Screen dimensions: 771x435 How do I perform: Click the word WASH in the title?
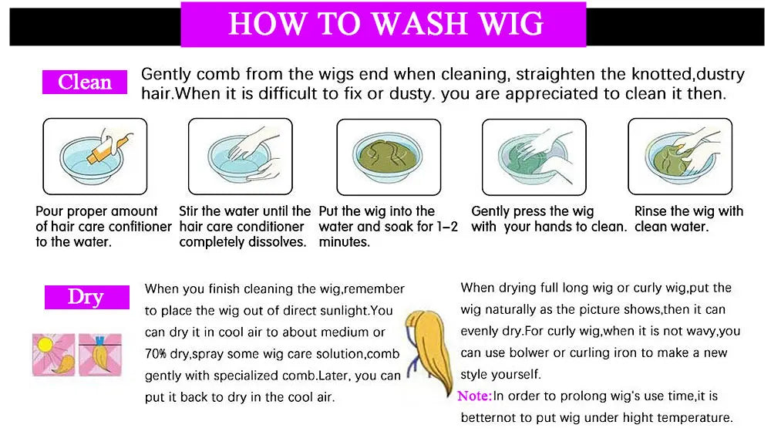click(419, 24)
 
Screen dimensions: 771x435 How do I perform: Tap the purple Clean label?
click(85, 82)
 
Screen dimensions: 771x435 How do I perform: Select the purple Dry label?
click(86, 297)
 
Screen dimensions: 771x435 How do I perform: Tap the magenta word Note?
click(474, 396)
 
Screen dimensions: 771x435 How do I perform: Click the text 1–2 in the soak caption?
click(446, 226)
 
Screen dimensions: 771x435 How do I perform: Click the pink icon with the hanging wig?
click(100, 354)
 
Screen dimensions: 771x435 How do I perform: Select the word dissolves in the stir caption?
click(280, 241)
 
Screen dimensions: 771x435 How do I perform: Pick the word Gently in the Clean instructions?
click(167, 75)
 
